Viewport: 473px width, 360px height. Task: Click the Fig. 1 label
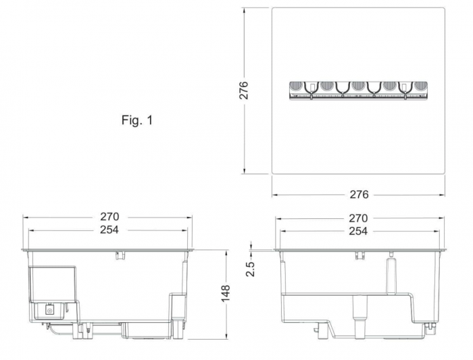pyautogui.click(x=137, y=120)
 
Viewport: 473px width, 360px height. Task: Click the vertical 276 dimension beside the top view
pyautogui.click(x=243, y=90)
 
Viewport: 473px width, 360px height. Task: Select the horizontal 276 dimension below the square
pyautogui.click(x=359, y=195)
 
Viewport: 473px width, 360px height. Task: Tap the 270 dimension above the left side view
pyautogui.click(x=109, y=217)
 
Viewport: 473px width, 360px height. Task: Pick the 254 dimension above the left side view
pyautogui.click(x=109, y=230)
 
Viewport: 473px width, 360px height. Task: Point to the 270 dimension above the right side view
pyautogui.click(x=358, y=218)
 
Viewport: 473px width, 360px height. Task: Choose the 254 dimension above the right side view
pyautogui.click(x=358, y=231)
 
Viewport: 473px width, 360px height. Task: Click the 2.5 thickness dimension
pyautogui.click(x=250, y=269)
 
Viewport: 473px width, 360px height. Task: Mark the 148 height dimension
pyautogui.click(x=225, y=292)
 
